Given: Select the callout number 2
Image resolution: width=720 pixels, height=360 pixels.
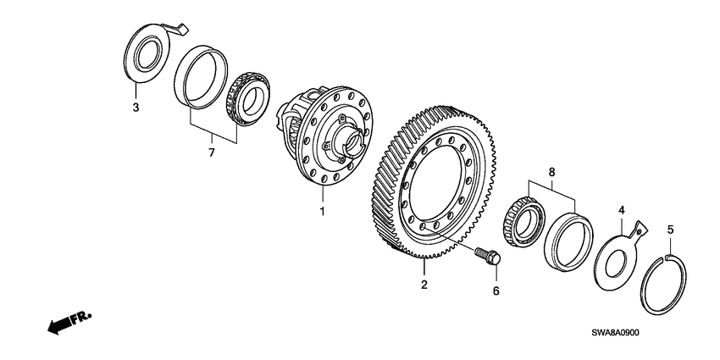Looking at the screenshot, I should pos(424,285).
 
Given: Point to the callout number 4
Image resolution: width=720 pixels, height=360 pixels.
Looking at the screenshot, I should pos(622,209).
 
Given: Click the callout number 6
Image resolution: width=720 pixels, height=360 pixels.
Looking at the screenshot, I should pos(496,291).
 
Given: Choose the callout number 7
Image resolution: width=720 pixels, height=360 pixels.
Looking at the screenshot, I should pos(211,152).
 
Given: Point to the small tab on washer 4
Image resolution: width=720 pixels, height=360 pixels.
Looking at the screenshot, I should pos(641,228).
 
